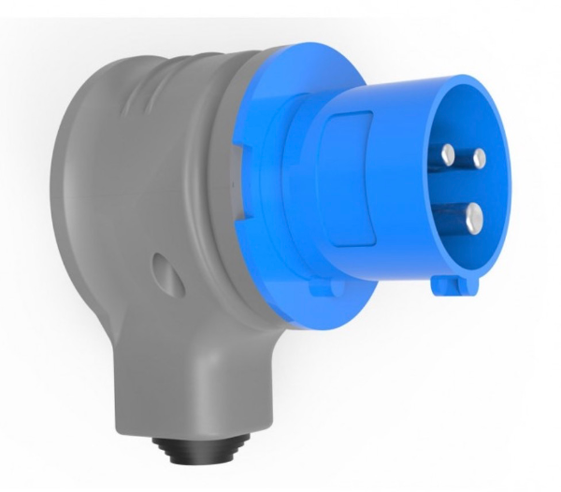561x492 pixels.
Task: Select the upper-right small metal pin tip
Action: pyautogui.click(x=478, y=155)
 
